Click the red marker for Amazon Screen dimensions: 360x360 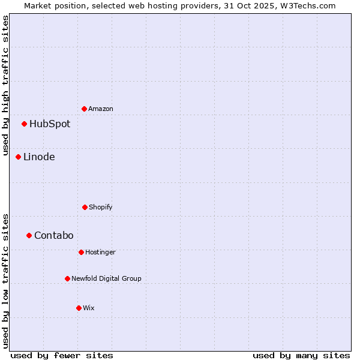84,109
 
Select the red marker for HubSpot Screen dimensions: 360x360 24,124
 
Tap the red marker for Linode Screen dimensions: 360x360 18,157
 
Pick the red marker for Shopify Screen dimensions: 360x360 85,207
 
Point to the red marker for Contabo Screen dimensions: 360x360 29,235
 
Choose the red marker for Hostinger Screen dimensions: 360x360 81,252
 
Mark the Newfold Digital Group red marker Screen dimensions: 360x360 67,278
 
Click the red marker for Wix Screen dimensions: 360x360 79,308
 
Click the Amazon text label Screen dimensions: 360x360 101,109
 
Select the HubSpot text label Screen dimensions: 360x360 50,124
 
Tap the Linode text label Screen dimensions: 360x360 39,157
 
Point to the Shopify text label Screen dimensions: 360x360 101,207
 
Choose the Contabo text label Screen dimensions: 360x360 54,235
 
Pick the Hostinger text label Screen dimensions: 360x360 100,252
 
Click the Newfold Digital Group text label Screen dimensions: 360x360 107,278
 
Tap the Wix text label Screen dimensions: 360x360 89,308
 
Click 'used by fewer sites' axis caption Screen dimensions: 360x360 62,355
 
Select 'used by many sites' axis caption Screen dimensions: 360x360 301,355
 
